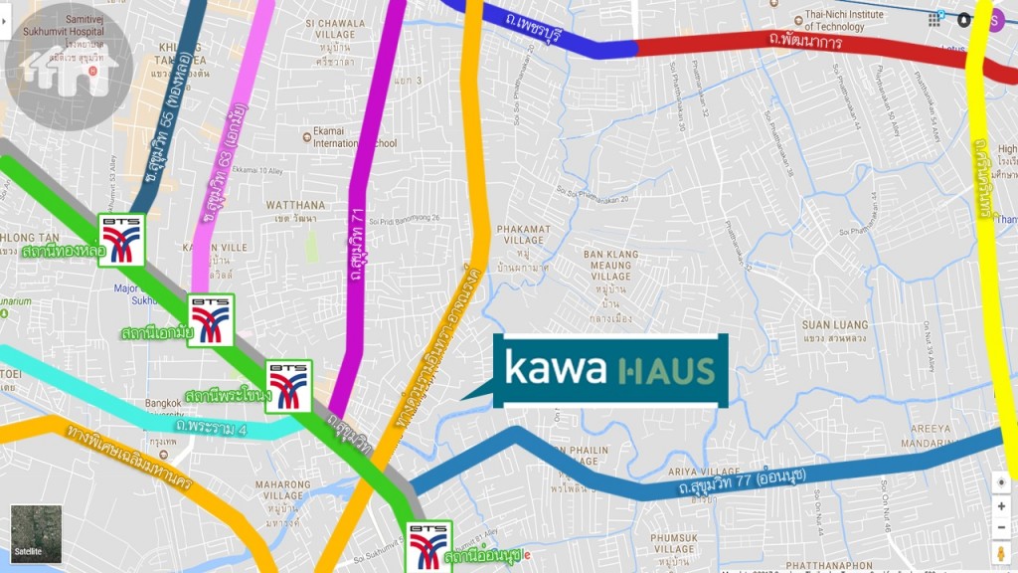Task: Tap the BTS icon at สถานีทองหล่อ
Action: point(121,240)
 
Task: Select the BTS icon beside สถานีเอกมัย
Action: point(211,319)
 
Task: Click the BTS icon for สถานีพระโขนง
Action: point(289,386)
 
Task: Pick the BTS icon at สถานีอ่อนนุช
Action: point(428,546)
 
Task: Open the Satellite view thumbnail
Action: point(36,533)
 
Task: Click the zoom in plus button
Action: point(1001,506)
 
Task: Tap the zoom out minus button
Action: point(1001,528)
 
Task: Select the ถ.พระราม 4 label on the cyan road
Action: point(210,427)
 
